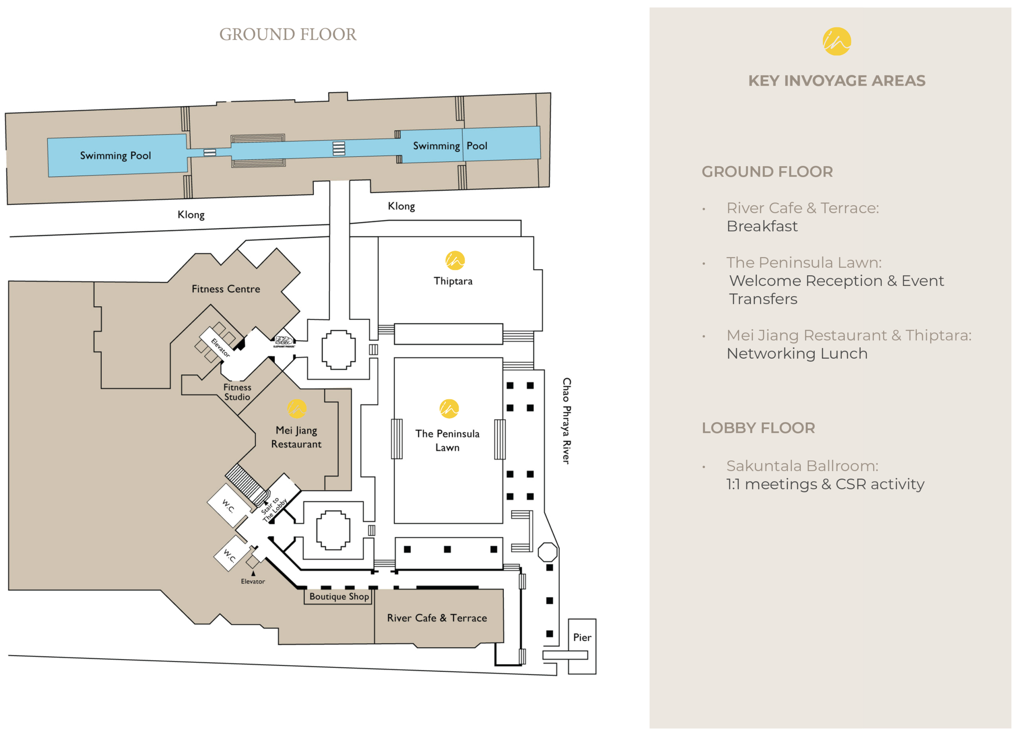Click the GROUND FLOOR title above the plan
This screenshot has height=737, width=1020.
[x=287, y=34]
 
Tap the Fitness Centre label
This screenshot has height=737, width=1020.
[x=225, y=289]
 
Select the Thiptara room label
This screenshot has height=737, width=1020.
[x=452, y=281]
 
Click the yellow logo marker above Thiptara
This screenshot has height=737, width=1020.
[x=455, y=260]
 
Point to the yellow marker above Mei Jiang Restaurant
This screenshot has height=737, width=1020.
[x=297, y=408]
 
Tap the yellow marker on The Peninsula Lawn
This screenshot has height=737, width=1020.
[x=449, y=408]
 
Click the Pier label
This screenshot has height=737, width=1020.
[x=582, y=637]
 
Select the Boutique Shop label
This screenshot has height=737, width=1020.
[x=339, y=596]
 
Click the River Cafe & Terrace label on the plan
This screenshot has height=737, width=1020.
[x=436, y=617]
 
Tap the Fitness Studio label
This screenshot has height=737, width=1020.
[x=237, y=392]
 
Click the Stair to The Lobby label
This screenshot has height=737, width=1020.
[x=273, y=510]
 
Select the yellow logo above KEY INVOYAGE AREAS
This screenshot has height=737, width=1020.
[x=836, y=41]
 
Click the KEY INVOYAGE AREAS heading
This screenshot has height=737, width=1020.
[x=836, y=81]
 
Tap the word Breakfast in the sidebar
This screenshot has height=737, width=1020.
[x=761, y=226]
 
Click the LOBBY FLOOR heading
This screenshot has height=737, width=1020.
[x=758, y=428]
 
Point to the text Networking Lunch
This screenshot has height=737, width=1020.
[x=796, y=353]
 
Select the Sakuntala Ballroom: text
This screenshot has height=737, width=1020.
[x=802, y=466]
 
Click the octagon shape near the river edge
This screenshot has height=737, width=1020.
[x=547, y=552]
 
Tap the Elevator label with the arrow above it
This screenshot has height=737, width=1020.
[x=253, y=581]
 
